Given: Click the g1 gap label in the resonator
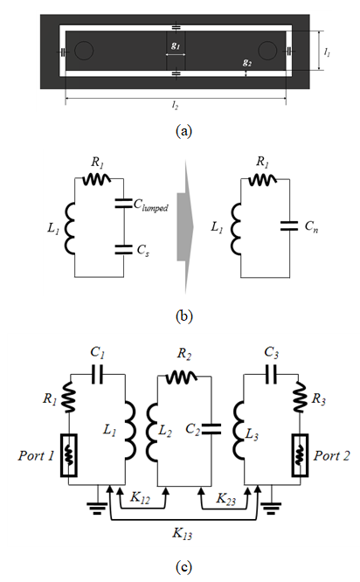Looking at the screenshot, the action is click(x=176, y=45).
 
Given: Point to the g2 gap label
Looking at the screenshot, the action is click(x=247, y=63).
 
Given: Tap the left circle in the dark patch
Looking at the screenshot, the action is click(x=84, y=51).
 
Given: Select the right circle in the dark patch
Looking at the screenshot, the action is click(x=267, y=51).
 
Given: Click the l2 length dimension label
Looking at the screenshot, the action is click(x=175, y=105).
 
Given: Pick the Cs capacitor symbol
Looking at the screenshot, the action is click(x=123, y=249).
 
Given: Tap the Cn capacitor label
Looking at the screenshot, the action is click(x=311, y=226).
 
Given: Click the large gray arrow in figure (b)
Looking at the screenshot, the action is click(x=185, y=227).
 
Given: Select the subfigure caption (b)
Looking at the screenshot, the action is click(x=184, y=316).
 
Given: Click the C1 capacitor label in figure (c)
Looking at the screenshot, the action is click(x=98, y=353).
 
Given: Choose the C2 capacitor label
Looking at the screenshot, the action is click(x=193, y=429).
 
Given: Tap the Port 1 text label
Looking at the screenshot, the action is click(x=36, y=455).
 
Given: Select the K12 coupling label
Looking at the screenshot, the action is click(x=140, y=498).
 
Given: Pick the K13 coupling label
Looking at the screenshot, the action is click(x=183, y=534).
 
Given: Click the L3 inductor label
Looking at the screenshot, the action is click(x=252, y=434).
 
